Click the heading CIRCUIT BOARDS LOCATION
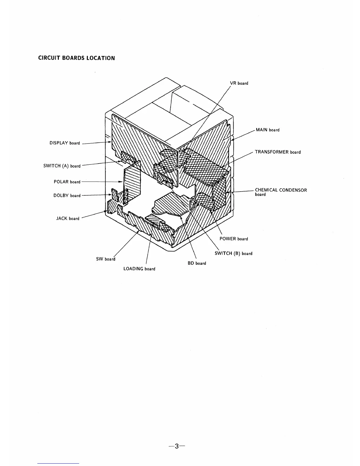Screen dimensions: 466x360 pos(76,58)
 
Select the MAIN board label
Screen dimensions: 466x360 pos(267,130)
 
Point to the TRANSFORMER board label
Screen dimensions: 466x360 pos(278,152)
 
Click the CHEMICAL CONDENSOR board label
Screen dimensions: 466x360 pos(281,192)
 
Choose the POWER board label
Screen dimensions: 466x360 pos(234,239)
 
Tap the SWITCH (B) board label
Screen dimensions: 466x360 pos(233,253)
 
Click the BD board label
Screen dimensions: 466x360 pos(197,263)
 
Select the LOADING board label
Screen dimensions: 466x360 pos(139,269)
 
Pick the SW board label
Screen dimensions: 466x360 pos(106,259)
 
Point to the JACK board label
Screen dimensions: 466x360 pos(68,218)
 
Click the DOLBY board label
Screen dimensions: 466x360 pos(67,195)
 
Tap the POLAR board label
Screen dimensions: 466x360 pos(67,182)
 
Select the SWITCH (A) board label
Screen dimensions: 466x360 pos(62,166)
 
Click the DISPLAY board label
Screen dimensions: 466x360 pos(64,143)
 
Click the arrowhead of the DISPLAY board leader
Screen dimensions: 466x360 pos(110,142)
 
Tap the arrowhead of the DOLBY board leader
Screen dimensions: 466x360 pos(110,194)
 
